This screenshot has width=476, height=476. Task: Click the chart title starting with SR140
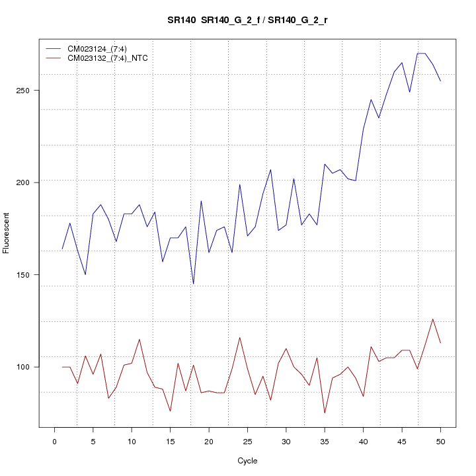pyautogui.click(x=247, y=20)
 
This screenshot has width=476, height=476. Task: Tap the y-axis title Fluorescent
pyautogui.click(x=7, y=233)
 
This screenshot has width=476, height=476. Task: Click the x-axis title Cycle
pyautogui.click(x=247, y=461)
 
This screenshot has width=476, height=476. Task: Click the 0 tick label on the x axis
pyautogui.click(x=54, y=441)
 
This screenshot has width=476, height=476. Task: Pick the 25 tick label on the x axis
pyautogui.click(x=247, y=441)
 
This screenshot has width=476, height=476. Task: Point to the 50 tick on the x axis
pyautogui.click(x=440, y=441)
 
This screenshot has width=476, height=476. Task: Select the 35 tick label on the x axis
pyautogui.click(x=325, y=441)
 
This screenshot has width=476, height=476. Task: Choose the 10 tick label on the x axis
pyautogui.click(x=132, y=441)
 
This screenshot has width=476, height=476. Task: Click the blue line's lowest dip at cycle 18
pyautogui.click(x=193, y=284)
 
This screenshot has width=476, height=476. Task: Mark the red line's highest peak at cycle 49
pyautogui.click(x=432, y=319)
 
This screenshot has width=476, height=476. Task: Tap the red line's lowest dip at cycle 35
pyautogui.click(x=325, y=413)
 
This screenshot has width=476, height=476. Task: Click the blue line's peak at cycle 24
pyautogui.click(x=239, y=184)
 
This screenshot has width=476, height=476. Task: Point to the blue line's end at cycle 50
pyautogui.click(x=440, y=81)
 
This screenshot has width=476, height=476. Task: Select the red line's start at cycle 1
pyautogui.click(x=62, y=367)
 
